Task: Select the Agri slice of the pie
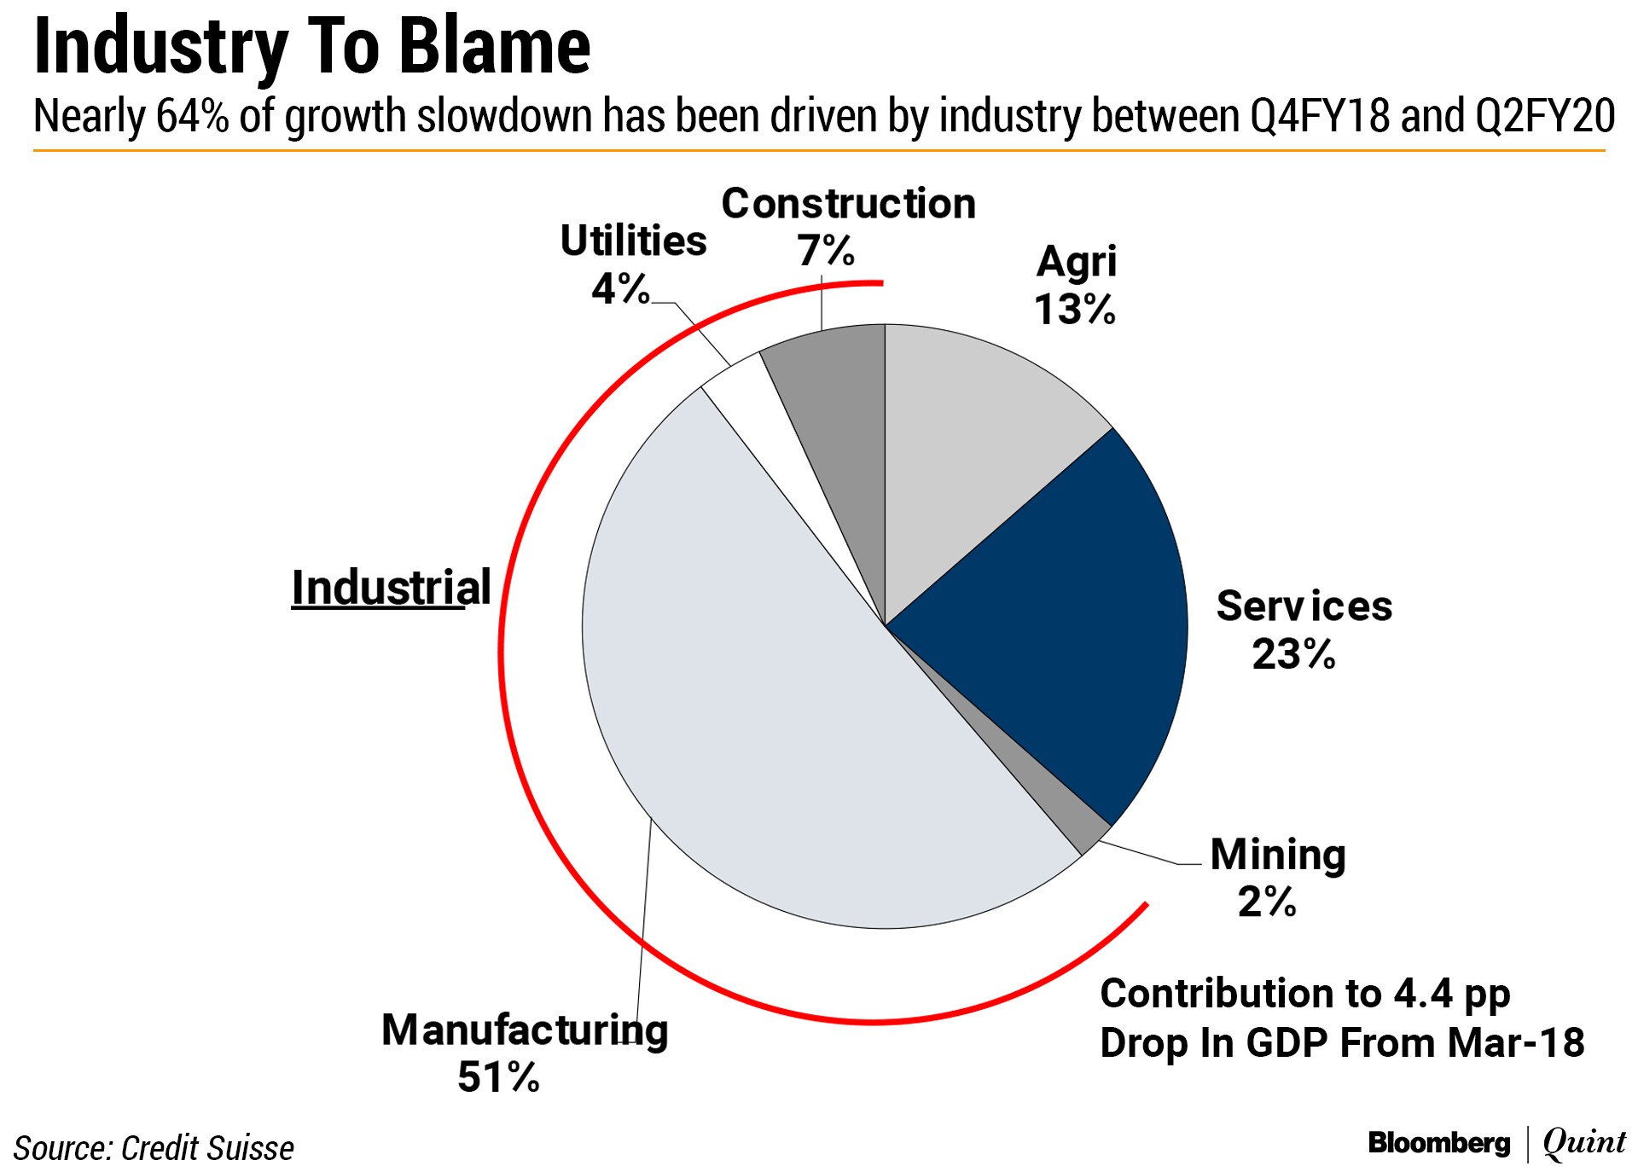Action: [x=981, y=444]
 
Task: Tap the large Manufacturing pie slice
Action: [x=768, y=725]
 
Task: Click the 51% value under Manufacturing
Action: [x=498, y=1076]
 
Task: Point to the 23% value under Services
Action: [x=1293, y=654]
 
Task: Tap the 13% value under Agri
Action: [x=1075, y=309]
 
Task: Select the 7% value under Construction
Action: [x=826, y=251]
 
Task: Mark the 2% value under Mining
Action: [x=1267, y=901]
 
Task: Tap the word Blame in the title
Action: [x=495, y=46]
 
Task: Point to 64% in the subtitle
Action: [x=193, y=116]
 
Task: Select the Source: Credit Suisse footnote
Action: [x=154, y=1148]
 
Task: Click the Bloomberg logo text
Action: [x=1438, y=1143]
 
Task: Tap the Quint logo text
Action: [x=1584, y=1143]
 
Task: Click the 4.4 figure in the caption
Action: [x=1423, y=993]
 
